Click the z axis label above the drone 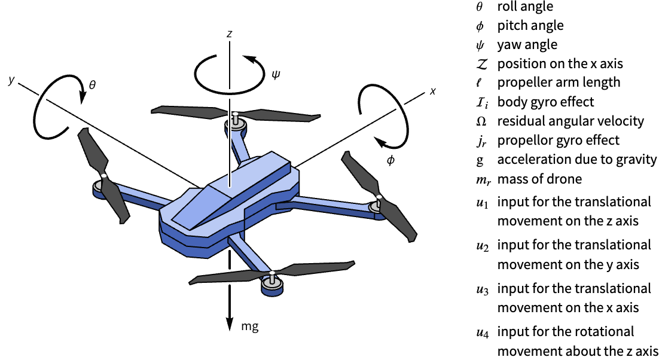[229, 34]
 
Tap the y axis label [11, 80]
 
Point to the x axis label [432, 91]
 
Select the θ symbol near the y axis [91, 86]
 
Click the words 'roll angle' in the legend [525, 7]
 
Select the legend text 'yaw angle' [527, 45]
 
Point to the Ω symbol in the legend [481, 121]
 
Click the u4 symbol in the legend [482, 332]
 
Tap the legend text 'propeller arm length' [559, 83]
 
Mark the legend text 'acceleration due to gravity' [576, 160]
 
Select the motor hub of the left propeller [103, 179]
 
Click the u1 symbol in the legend [482, 203]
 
